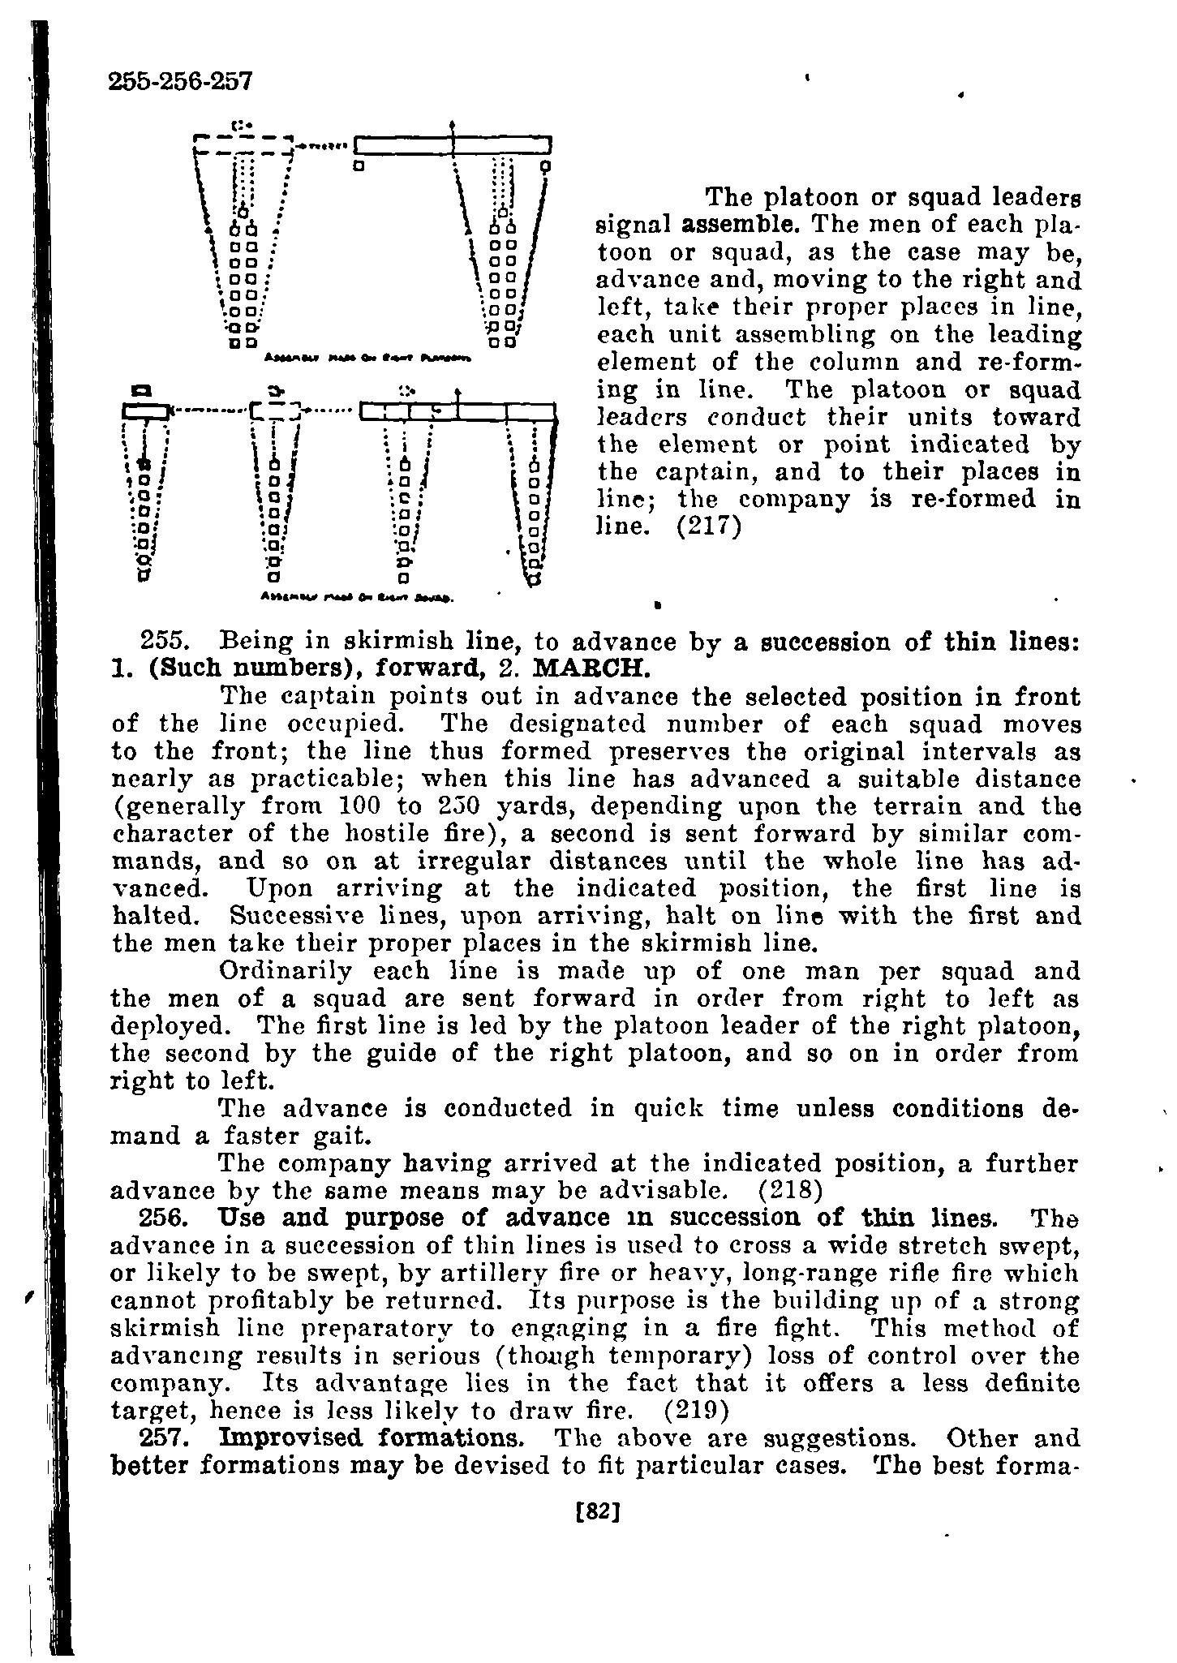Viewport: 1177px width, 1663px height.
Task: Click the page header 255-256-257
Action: tap(181, 81)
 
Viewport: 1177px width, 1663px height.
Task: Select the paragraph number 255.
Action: tap(165, 642)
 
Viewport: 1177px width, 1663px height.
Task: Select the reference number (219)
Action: tap(697, 1412)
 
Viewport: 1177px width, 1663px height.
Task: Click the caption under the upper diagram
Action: tap(374, 358)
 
